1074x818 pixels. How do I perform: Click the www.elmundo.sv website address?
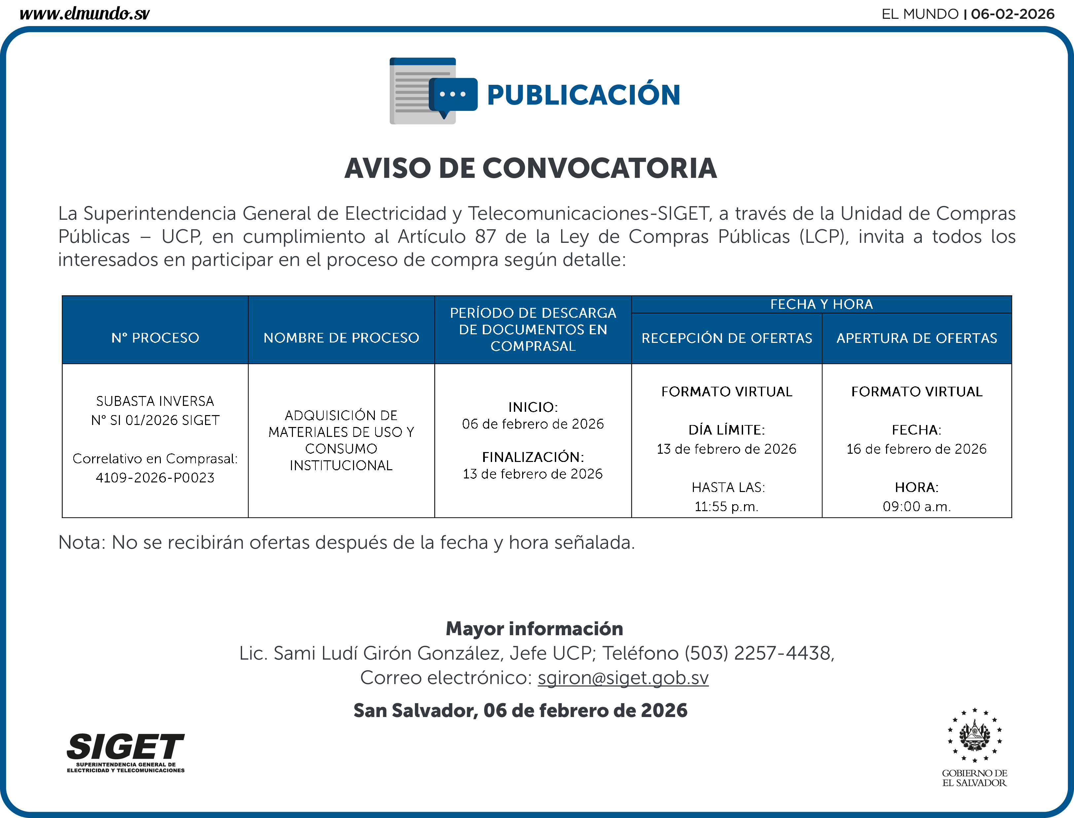(84, 13)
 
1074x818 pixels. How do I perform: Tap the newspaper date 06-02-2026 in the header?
(1012, 14)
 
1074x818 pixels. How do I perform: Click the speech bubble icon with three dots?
(453, 95)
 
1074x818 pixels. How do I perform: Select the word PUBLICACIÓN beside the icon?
(583, 95)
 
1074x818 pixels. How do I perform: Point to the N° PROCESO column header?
(155, 338)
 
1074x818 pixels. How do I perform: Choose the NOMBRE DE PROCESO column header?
(341, 338)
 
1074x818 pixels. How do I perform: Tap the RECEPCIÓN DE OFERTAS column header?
(727, 338)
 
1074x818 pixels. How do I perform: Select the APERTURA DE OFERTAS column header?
(916, 338)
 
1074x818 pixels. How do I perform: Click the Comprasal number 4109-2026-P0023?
(155, 478)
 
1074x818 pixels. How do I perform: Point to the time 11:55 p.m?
(727, 507)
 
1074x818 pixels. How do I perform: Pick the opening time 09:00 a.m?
(916, 507)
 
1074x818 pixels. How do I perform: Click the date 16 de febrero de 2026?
(916, 449)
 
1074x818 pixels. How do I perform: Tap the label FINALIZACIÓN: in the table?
(533, 457)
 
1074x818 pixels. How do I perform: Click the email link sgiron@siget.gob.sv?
(623, 678)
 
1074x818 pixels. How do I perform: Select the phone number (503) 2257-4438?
(759, 653)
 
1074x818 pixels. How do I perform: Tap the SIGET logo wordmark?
(126, 747)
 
